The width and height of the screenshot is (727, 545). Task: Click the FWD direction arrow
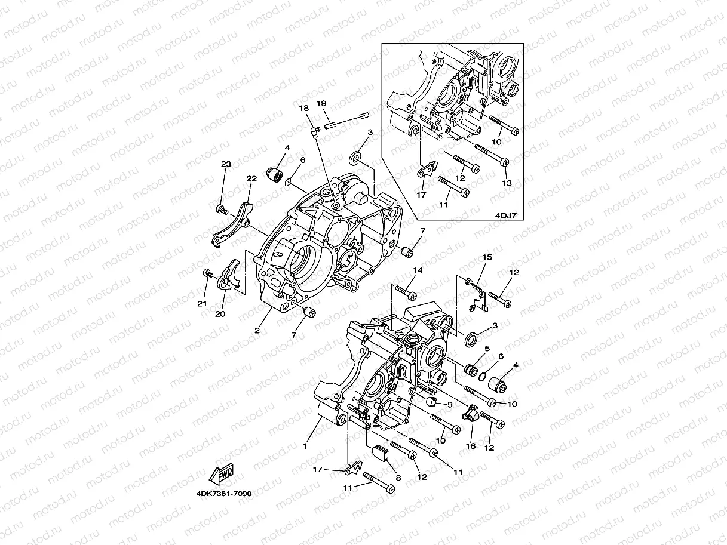point(220,475)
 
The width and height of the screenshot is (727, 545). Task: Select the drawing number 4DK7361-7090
point(223,494)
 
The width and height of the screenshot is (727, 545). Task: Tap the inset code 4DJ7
point(506,217)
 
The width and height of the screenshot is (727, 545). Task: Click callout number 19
point(320,103)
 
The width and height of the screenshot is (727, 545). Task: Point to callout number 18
point(304,108)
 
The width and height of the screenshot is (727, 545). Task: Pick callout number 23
point(226,164)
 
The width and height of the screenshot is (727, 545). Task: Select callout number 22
point(251,178)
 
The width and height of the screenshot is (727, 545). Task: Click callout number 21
point(202,304)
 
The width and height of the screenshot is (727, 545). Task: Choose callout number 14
point(418,270)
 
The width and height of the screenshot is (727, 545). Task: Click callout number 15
point(487,257)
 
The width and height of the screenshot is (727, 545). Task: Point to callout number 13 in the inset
point(507,183)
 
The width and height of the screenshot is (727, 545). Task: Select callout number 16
point(471,446)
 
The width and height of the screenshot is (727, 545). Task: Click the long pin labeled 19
point(348,121)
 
